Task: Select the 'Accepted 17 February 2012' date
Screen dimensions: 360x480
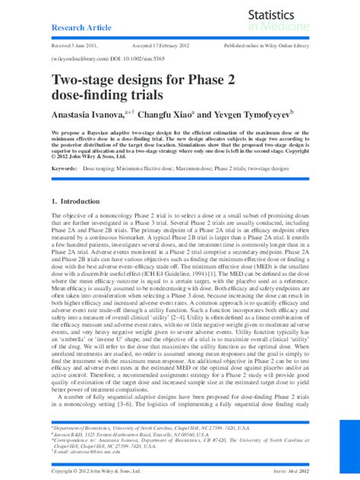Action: point(159,46)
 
